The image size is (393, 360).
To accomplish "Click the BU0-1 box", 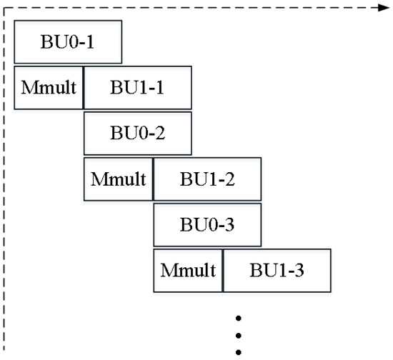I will tap(68, 44).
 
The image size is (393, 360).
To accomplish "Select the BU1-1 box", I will tap(137, 88).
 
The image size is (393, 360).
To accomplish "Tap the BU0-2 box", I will tap(137, 133).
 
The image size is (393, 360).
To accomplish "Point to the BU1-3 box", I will tap(277, 270).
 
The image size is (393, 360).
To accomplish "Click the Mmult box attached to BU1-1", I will tap(49, 88).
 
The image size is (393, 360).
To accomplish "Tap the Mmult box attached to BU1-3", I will tap(189, 270).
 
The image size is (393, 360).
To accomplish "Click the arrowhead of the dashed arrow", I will tap(380, 9).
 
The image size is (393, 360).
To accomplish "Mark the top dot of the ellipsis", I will tap(239, 317).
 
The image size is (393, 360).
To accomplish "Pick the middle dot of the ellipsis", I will tap(239, 334).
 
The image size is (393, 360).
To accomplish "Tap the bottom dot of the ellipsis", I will tap(239, 350).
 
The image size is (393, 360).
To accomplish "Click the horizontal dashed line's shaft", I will tap(193, 9).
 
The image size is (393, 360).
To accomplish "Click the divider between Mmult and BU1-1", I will tap(84, 88).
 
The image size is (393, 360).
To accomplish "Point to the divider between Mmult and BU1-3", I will tap(224, 270).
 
